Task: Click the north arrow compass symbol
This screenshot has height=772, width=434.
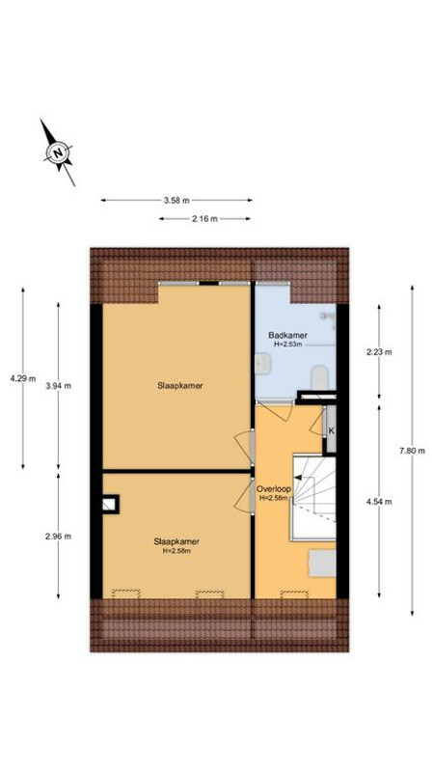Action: click(58, 152)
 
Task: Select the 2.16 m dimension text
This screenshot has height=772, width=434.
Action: click(204, 219)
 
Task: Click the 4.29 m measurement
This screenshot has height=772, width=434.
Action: click(18, 378)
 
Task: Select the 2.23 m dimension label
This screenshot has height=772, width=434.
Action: click(380, 352)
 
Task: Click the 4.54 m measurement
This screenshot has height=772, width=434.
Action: click(380, 501)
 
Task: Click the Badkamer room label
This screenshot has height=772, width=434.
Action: click(287, 335)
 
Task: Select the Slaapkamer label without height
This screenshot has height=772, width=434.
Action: click(180, 385)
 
